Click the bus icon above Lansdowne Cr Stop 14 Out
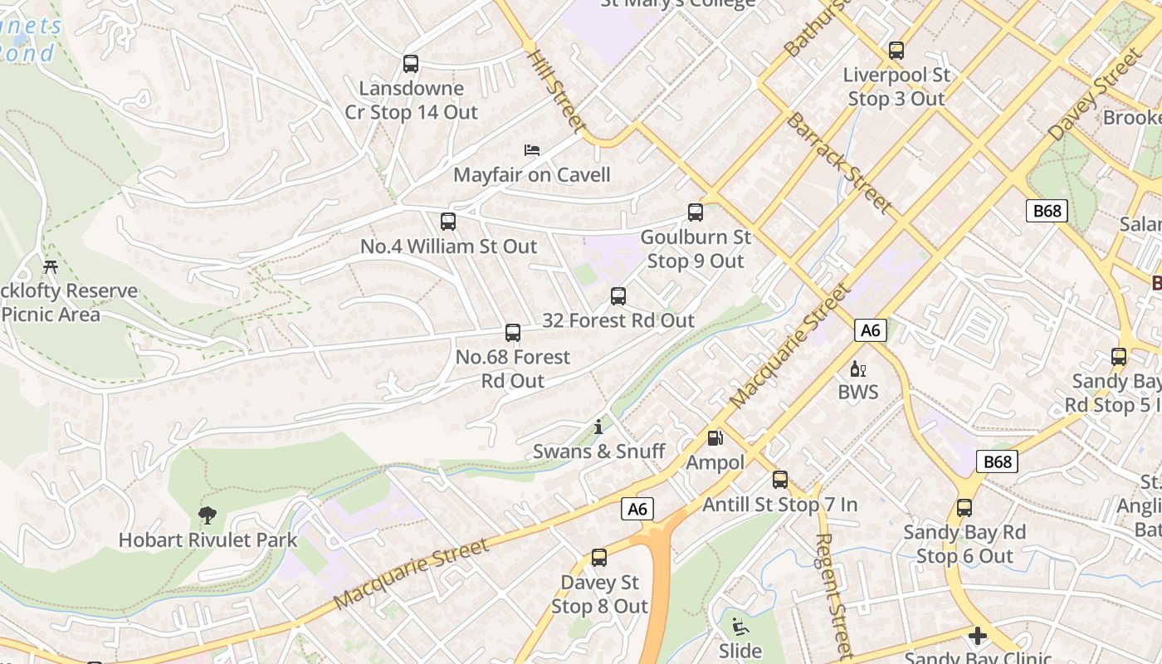tap(410, 64)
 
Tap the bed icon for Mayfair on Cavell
tap(532, 150)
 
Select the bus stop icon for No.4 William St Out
tap(448, 222)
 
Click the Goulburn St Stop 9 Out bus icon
tap(696, 212)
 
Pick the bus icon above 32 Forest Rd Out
tap(618, 296)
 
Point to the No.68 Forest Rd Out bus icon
tap(513, 333)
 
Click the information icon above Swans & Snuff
tap(598, 427)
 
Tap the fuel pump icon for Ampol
tap(715, 437)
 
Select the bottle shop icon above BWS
tap(857, 369)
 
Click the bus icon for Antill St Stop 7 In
tap(780, 480)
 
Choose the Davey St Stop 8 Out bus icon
tap(599, 558)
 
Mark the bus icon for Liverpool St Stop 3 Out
tap(896, 51)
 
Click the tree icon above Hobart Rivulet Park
tap(207, 516)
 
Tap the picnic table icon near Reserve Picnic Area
tap(51, 267)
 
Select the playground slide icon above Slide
tap(740, 627)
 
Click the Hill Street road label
tap(557, 90)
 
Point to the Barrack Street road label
tap(838, 163)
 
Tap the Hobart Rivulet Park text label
tap(207, 540)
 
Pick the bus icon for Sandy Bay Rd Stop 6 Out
tap(964, 508)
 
